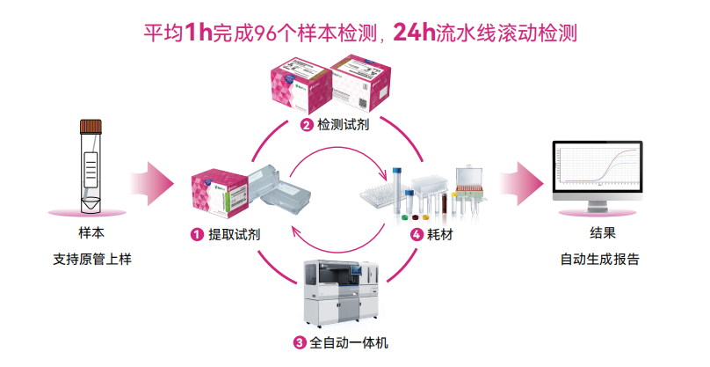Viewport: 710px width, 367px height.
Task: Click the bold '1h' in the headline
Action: point(199,33)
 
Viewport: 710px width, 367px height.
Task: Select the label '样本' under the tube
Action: point(91,235)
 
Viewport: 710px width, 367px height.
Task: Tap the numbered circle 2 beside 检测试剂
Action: point(307,124)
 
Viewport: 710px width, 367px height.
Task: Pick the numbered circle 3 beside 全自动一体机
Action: point(301,342)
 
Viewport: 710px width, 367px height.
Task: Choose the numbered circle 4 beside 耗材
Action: point(417,235)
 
